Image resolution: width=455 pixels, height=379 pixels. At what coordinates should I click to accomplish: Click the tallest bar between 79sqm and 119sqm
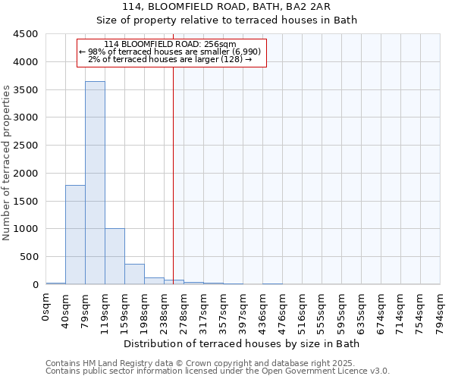pos(95,183)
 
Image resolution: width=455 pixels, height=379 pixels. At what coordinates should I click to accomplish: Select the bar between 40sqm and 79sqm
pos(75,234)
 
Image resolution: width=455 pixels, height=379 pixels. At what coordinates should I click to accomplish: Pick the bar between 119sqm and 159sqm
pos(115,256)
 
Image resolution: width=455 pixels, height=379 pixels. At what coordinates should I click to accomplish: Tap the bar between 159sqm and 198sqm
pos(134,274)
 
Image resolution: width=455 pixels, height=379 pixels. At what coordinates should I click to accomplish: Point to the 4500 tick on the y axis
pos(25,34)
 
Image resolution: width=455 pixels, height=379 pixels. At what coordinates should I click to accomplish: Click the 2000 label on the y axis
pos(25,174)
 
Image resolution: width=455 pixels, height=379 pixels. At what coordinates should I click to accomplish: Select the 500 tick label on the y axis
pos(28,257)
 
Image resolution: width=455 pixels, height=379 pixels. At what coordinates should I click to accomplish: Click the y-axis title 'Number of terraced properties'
pos(8,163)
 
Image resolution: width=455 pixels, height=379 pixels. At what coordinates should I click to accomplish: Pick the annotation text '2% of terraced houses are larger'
pos(171,58)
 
